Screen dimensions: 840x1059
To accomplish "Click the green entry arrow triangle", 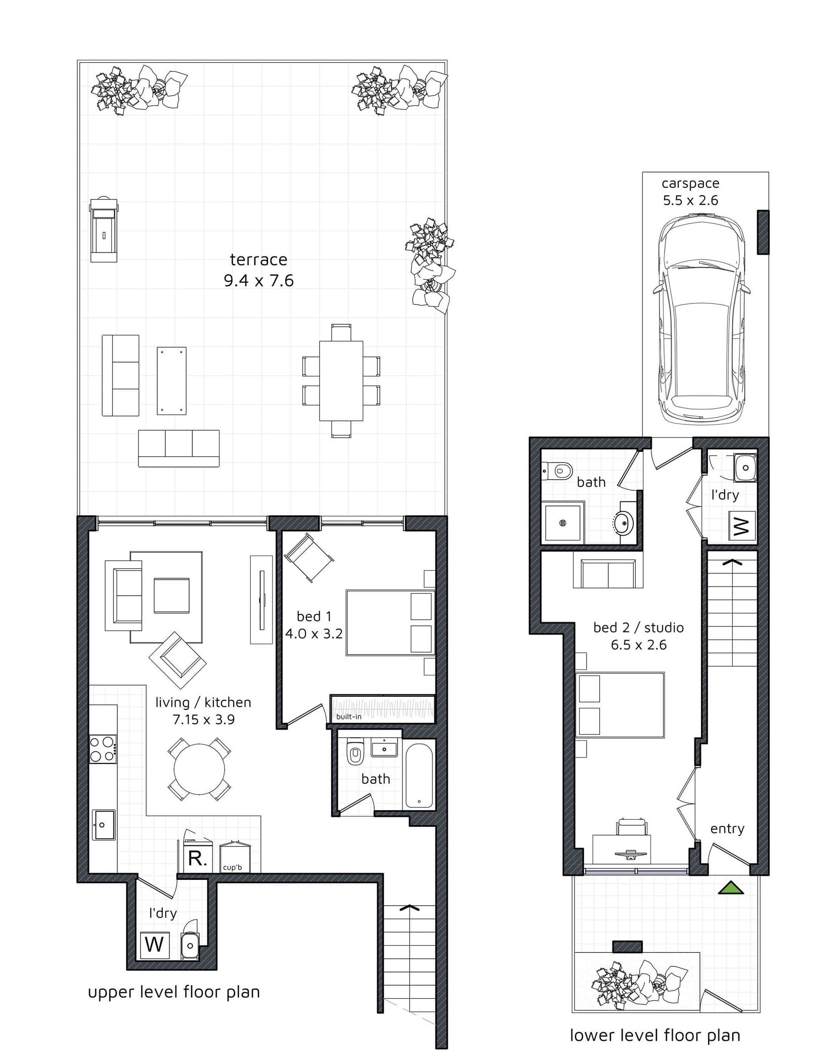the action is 731,888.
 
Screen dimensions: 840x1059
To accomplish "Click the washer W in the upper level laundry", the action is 155,944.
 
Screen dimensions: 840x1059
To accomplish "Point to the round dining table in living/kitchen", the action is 199,769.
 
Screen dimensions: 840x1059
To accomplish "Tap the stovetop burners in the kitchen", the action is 102,749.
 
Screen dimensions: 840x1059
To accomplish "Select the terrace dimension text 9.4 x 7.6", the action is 259,280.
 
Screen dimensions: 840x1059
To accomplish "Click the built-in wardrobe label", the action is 349,716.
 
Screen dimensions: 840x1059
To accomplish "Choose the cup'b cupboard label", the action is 233,867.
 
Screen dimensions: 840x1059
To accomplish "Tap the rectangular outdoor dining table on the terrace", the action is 341,380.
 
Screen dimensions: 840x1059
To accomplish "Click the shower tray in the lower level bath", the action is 563,523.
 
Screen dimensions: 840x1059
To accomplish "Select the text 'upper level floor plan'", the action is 174,992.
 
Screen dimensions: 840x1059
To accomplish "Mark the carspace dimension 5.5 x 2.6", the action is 691,200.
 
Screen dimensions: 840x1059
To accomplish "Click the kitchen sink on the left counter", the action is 103,825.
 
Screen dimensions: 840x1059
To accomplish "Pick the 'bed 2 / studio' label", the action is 638,627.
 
